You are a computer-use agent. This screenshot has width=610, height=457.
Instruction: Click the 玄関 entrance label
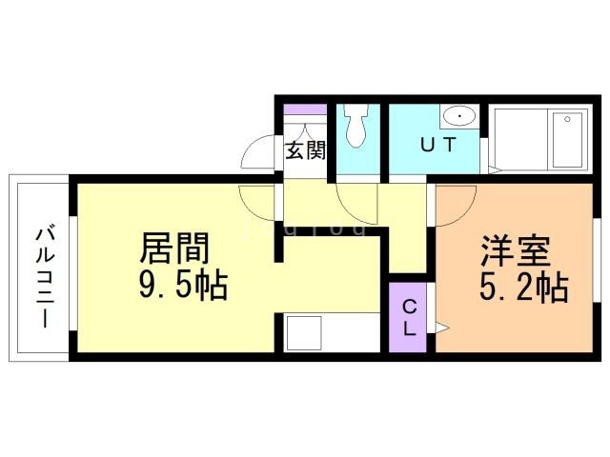tap(306, 149)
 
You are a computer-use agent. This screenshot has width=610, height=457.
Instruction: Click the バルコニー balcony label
tap(43, 276)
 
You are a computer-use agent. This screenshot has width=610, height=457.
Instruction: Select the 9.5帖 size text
tap(184, 286)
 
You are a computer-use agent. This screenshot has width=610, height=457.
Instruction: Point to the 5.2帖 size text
tap(525, 287)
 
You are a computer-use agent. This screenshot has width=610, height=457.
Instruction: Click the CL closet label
tap(409, 318)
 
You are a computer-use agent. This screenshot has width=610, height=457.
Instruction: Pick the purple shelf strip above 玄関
tap(306, 109)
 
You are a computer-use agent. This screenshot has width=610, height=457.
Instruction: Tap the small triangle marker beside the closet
tap(441, 328)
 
